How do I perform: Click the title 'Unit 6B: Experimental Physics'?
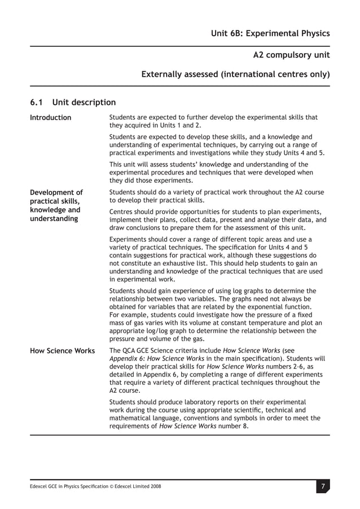pos(269,33)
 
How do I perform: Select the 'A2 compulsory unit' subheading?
pos(291,55)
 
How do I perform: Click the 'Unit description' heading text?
pos(84,102)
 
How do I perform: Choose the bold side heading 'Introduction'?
pos(51,117)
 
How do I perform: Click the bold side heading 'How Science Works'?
pos(62,350)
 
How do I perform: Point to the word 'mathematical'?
pos(131,418)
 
